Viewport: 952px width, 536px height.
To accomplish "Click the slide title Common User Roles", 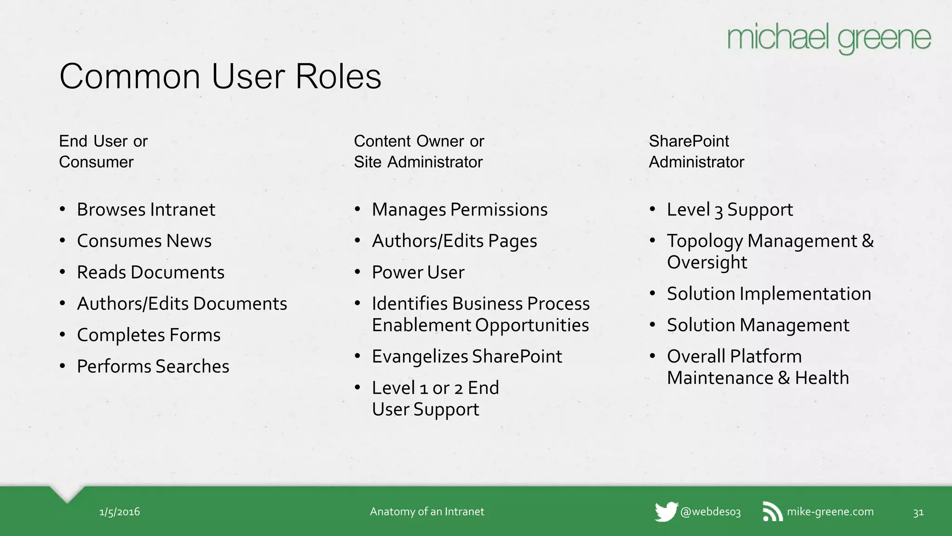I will [220, 76].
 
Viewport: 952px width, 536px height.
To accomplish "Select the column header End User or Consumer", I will [103, 152].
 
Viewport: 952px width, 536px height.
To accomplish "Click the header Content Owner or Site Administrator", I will [419, 152].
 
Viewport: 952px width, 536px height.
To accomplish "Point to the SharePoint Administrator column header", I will [696, 152].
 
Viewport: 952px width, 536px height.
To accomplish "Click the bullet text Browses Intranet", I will [146, 210].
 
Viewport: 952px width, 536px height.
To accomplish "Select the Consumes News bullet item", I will [144, 241].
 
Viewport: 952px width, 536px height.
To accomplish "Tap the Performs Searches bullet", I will [153, 367].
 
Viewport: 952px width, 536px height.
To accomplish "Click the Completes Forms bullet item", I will [149, 335].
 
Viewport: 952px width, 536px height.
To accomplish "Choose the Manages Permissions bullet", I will [460, 210].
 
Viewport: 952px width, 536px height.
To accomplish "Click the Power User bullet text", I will [418, 273].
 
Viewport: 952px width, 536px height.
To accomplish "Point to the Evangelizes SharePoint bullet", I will [467, 357].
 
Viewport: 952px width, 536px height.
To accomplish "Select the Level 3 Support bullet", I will [730, 210].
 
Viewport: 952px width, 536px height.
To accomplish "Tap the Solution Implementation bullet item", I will [769, 294].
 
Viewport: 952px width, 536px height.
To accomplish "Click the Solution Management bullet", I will [758, 325].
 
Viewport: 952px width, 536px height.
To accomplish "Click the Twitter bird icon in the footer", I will [666, 512].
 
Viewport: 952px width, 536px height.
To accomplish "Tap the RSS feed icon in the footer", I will [773, 512].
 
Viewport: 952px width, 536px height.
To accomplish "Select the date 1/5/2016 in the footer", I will [119, 512].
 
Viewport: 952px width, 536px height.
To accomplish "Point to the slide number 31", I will [918, 512].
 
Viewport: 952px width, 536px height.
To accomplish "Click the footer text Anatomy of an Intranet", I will [427, 512].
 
